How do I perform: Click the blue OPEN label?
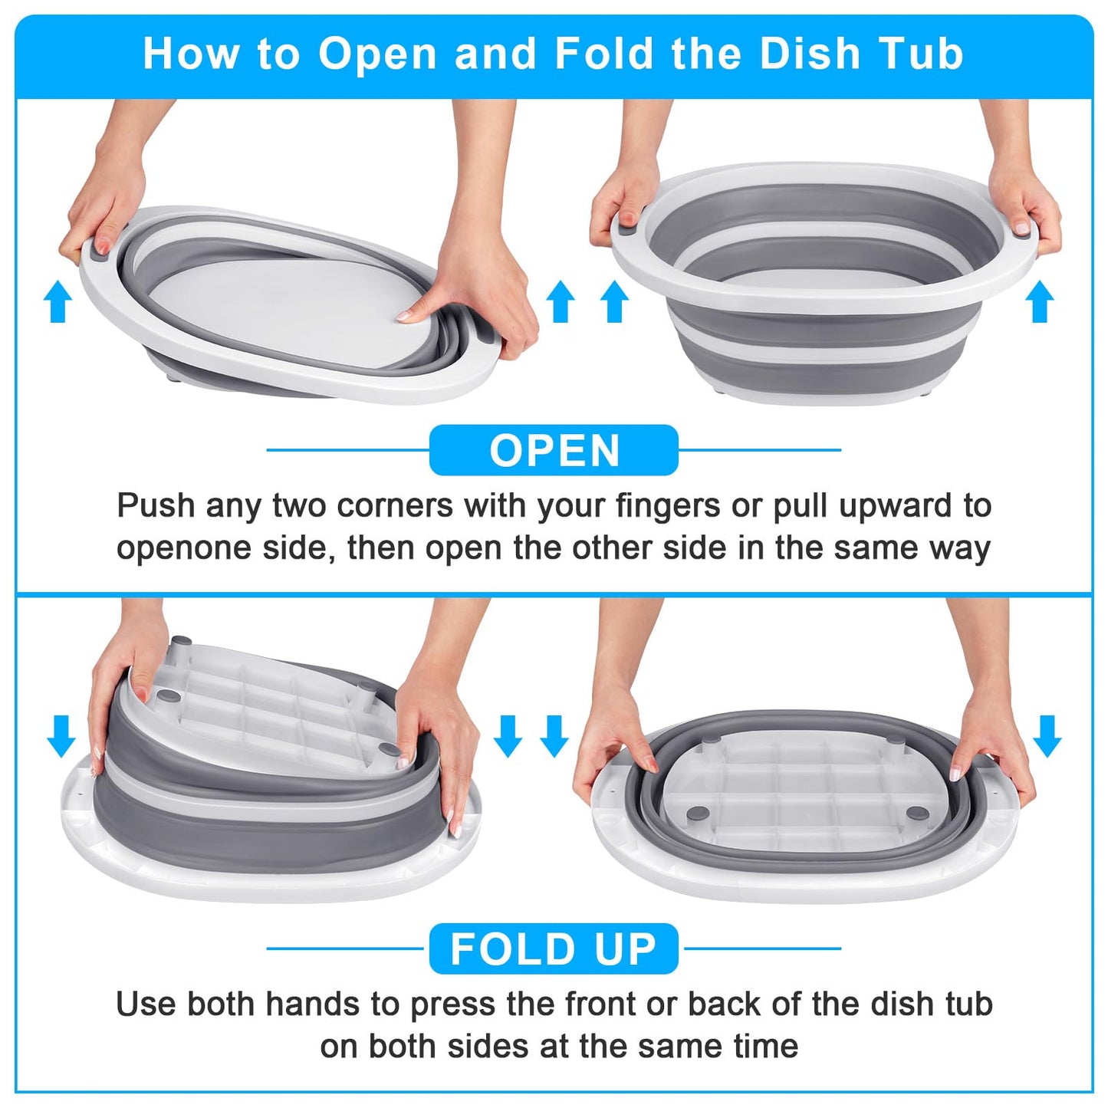click(x=554, y=450)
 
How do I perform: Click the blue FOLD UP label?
click(x=554, y=949)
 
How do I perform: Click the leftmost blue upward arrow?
click(x=58, y=301)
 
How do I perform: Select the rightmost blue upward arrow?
click(x=1040, y=301)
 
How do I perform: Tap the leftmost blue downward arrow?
click(x=61, y=736)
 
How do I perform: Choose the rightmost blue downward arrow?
click(x=1047, y=736)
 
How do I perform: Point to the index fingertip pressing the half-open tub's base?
click(x=403, y=315)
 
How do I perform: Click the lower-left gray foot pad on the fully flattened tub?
click(x=698, y=813)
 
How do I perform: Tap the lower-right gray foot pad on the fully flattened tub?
click(x=915, y=813)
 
